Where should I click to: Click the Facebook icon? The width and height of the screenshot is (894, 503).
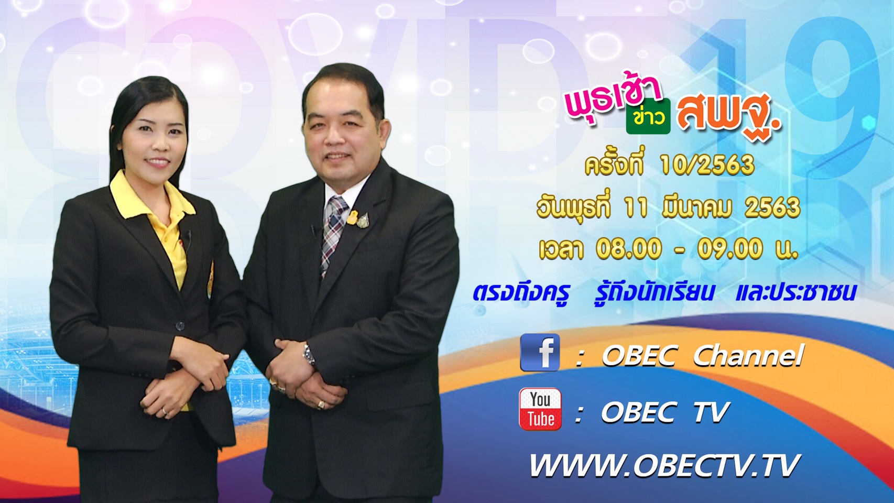click(540, 353)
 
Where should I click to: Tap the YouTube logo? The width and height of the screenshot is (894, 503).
click(540, 409)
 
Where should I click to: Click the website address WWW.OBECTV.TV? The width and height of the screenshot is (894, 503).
click(665, 465)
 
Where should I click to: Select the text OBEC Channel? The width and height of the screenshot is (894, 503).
click(702, 355)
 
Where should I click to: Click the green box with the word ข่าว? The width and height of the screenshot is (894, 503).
click(648, 116)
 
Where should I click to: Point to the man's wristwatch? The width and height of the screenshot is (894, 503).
click(309, 355)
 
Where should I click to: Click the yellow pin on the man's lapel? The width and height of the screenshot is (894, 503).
click(352, 217)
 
